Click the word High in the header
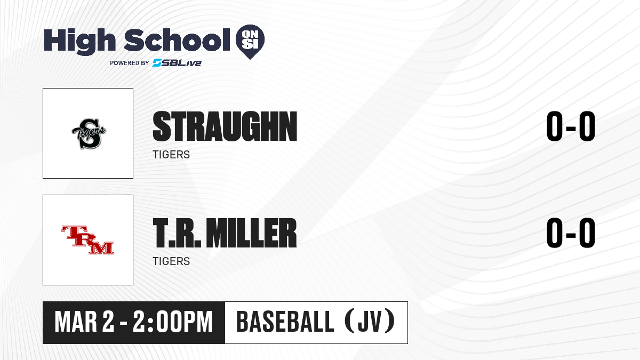pos(79,41)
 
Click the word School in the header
pos(177,40)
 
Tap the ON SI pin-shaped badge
pos(250,42)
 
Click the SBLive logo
pos(177,63)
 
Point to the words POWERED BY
pos(130,63)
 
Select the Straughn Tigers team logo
pos(89,133)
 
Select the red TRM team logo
pos(87,240)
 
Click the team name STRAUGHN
pos(225,126)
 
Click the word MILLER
pos(251,233)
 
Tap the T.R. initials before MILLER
pos(177,233)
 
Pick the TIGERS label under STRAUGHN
pos(171,155)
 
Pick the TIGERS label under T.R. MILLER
pos(171,261)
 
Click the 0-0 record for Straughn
pos(571,126)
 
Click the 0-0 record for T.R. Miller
pos(571,233)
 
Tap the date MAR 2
pos(84,322)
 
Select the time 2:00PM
pos(173,322)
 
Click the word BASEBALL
pos(285,322)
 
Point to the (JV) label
pos(370,322)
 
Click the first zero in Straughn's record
pos(555,126)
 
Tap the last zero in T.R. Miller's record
pos(587,233)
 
